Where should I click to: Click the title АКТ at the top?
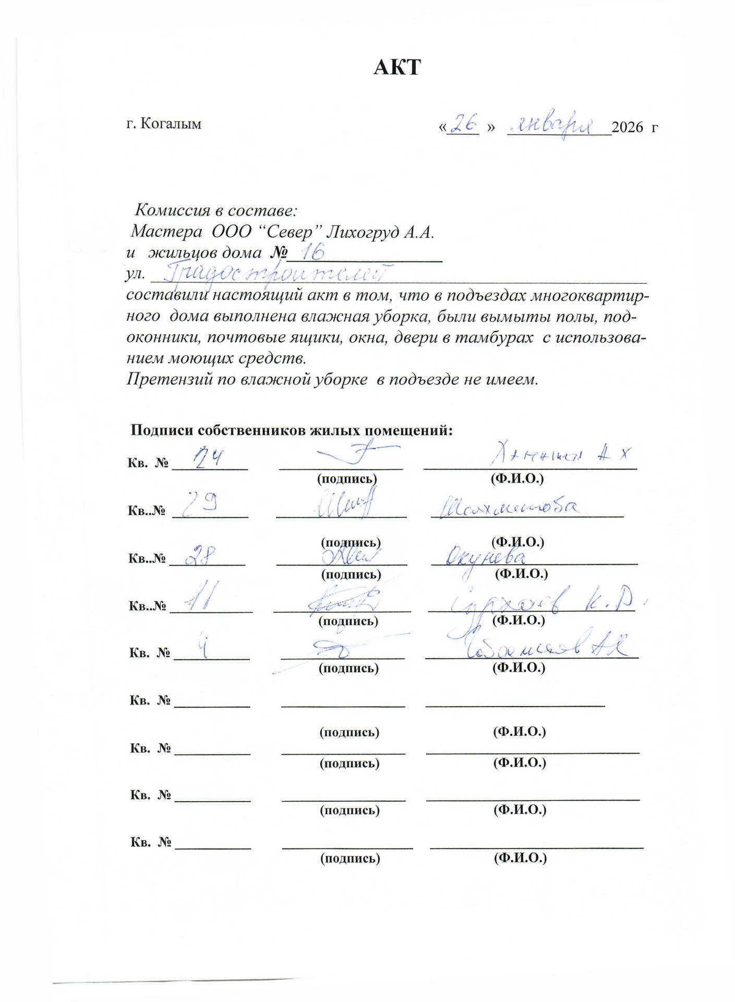click(x=396, y=68)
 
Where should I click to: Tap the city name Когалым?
click(x=171, y=124)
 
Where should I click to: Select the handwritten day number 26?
click(x=464, y=124)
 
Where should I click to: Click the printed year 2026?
click(x=628, y=127)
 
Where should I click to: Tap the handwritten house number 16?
click(x=312, y=253)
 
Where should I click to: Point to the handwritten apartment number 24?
click(x=208, y=459)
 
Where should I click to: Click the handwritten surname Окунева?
click(x=486, y=557)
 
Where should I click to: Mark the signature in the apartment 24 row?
click(x=355, y=454)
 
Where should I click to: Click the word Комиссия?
click(x=172, y=210)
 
